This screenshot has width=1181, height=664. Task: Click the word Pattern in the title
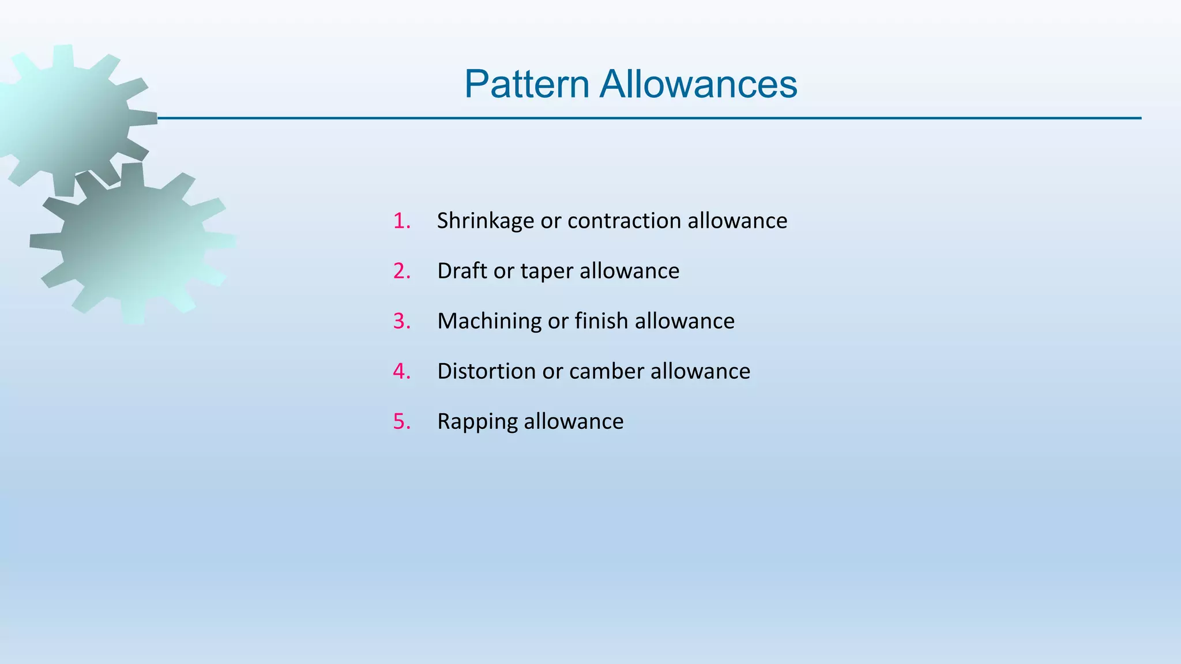(x=526, y=84)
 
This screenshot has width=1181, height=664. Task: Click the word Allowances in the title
(x=698, y=84)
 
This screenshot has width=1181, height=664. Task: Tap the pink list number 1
(x=401, y=221)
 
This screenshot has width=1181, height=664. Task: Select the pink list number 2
(x=401, y=271)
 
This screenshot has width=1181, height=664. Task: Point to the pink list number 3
(x=401, y=321)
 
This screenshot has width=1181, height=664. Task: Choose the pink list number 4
(x=401, y=371)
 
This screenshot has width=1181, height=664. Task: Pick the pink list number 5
(x=401, y=421)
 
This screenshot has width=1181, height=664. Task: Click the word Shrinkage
(x=485, y=221)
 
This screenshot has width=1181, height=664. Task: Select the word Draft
(x=462, y=271)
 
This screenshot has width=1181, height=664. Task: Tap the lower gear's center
(x=133, y=242)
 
